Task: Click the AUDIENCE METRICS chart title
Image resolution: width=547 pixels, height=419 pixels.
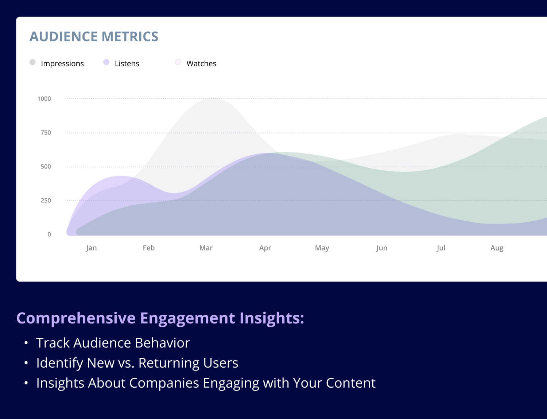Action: (94, 36)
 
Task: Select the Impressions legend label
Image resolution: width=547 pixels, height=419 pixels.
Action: (62, 63)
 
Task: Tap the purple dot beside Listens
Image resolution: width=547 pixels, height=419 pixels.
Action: (106, 62)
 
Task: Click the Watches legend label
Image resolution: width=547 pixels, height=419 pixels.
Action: (201, 63)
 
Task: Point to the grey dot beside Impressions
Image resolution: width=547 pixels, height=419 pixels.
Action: (32, 62)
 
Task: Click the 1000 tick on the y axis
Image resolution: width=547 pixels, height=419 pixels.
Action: (44, 99)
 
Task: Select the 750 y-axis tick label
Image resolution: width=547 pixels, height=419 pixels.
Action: (46, 133)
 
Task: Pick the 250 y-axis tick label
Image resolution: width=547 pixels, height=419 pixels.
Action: (46, 201)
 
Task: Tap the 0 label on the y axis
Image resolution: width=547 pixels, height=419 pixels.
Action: (49, 234)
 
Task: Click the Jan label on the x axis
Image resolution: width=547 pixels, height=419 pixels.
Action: (91, 248)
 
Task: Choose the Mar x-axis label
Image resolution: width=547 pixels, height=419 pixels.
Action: (206, 248)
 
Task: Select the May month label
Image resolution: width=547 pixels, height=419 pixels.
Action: (322, 248)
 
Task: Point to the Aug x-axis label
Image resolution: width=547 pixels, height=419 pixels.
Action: (497, 248)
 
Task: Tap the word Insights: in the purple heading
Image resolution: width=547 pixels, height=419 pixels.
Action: (272, 318)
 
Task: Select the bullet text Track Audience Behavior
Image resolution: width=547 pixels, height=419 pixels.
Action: (113, 343)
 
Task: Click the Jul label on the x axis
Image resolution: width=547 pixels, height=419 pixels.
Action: (441, 248)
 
